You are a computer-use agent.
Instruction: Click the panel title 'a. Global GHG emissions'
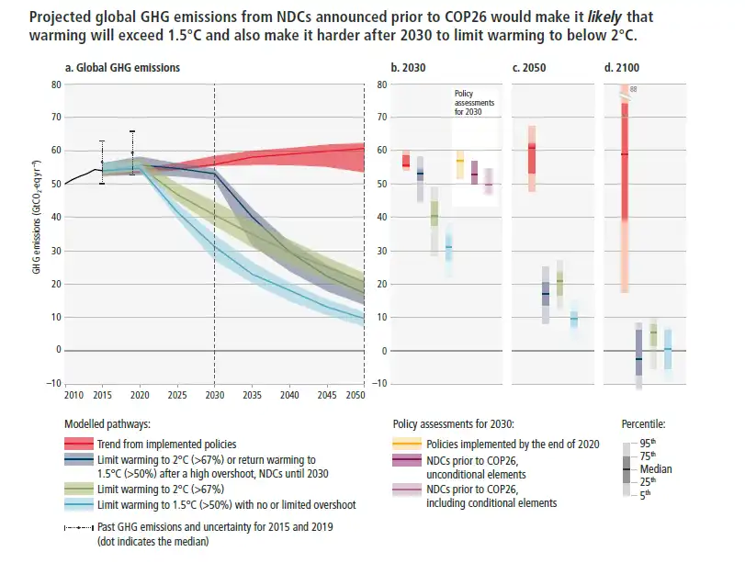point(122,68)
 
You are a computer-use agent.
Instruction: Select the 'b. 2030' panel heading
point(407,68)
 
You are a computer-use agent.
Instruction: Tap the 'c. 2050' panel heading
point(529,68)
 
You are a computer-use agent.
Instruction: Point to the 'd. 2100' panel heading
point(622,68)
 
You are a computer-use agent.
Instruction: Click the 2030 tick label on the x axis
point(214,394)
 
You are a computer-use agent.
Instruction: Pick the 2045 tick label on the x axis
point(327,394)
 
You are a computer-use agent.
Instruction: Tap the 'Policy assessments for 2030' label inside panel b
point(475,102)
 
